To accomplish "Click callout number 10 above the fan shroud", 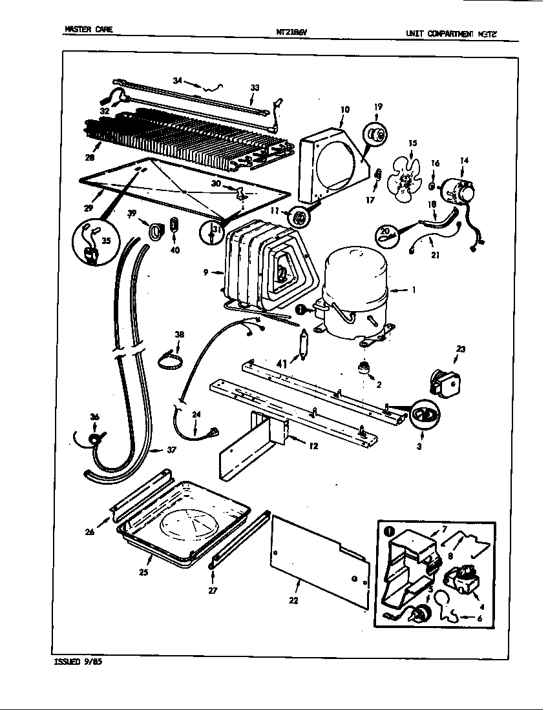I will coord(345,110).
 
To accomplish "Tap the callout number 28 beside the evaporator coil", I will coord(89,157).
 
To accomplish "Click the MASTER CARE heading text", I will coord(89,29).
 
